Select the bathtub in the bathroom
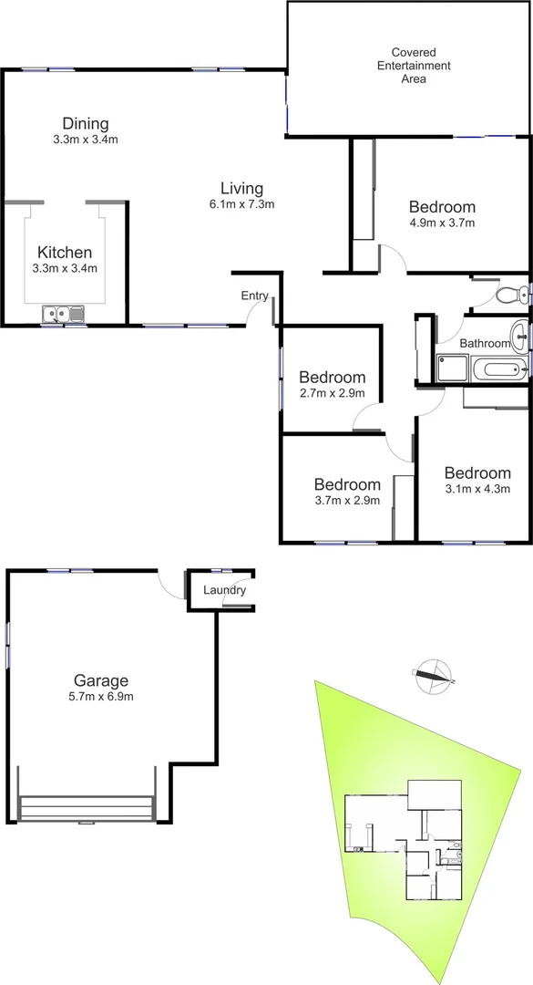tap(497, 369)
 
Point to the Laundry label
tap(224, 590)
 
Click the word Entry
tap(255, 295)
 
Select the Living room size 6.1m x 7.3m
tap(241, 204)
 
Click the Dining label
tap(86, 124)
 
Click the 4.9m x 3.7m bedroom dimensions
tap(442, 222)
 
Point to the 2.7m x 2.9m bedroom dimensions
tap(333, 393)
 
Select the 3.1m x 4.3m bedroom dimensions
tap(477, 489)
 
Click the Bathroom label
tap(485, 343)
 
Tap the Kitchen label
tap(64, 253)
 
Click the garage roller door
tap(86, 808)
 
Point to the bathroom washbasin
tap(519, 334)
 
